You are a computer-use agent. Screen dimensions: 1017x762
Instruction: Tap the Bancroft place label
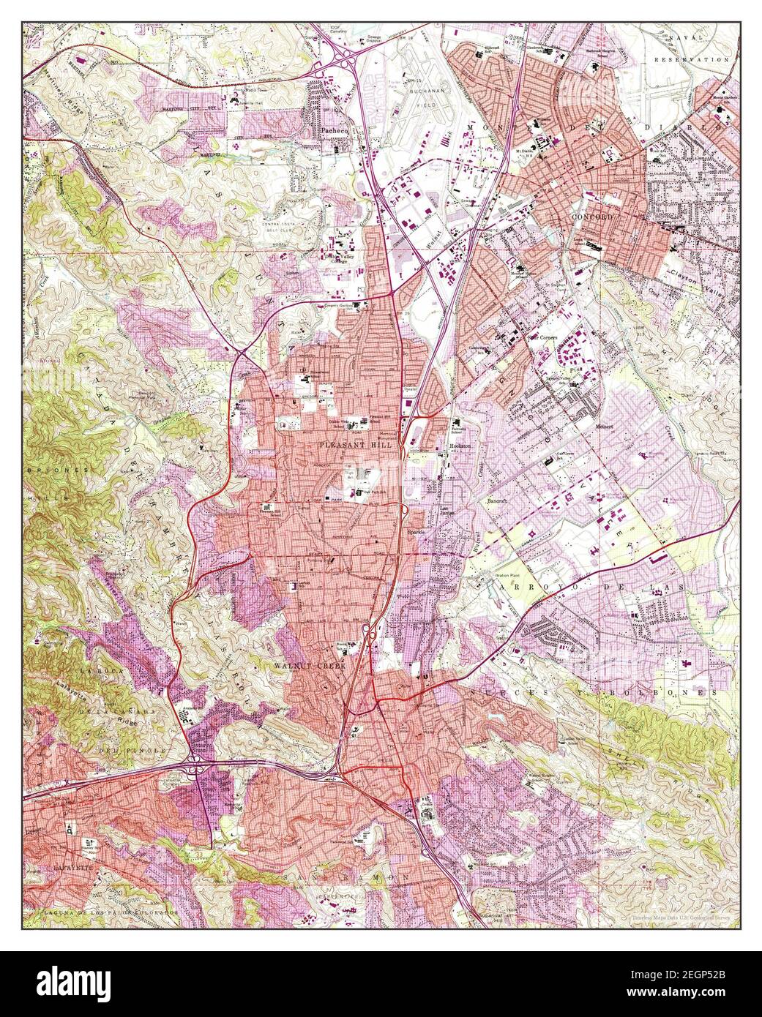pos(501,502)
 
